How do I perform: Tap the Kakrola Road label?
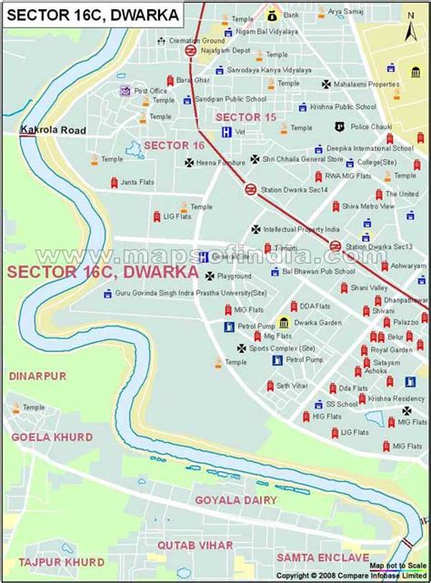point(53,131)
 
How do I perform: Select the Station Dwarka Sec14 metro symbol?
point(250,189)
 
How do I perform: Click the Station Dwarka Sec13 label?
point(378,246)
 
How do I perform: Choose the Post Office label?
point(151,91)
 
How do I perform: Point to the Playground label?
point(235,276)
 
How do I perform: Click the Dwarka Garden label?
point(317,322)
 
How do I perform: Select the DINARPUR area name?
point(38,375)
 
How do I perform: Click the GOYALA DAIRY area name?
point(231,499)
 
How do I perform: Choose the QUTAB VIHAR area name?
point(195,545)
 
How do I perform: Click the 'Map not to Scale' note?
point(396,565)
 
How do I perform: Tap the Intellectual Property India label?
point(307,229)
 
